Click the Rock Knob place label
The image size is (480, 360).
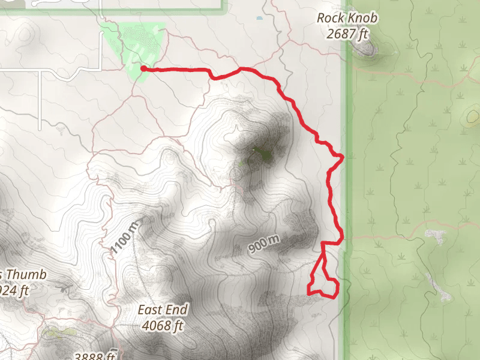click(347, 18)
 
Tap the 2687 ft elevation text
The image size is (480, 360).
click(347, 34)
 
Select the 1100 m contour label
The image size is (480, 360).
click(125, 236)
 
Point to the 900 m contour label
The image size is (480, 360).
click(265, 243)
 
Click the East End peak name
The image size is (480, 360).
click(163, 310)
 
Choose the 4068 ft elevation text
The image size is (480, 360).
click(163, 326)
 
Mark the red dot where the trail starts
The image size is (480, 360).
click(143, 68)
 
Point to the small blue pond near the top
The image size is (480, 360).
click(259, 18)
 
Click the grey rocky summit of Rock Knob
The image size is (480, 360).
click(365, 49)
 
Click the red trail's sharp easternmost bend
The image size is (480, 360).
click(342, 157)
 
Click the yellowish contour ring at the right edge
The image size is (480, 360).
click(473, 116)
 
